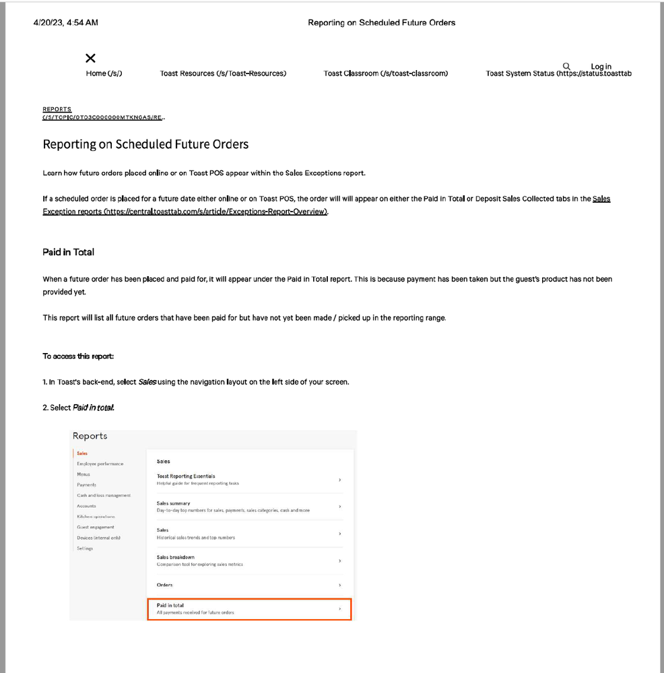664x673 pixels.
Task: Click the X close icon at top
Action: click(91, 59)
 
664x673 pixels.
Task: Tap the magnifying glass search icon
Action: click(566, 66)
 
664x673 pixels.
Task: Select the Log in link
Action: click(601, 67)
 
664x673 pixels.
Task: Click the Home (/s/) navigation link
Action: click(104, 73)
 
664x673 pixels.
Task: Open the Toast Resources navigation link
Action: click(223, 73)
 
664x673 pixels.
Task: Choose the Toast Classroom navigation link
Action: click(385, 73)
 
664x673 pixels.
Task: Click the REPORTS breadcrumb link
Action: click(57, 109)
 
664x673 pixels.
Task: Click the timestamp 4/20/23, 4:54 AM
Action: click(65, 23)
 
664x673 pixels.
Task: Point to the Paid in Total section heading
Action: click(68, 252)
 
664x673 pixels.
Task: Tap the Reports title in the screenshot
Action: click(90, 436)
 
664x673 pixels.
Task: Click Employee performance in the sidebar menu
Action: click(100, 463)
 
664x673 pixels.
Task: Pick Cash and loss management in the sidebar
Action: click(104, 495)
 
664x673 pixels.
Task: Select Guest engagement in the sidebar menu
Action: click(96, 527)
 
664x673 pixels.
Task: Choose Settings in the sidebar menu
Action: click(85, 548)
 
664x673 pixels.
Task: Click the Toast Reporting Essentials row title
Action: click(186, 476)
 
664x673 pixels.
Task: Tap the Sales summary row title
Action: click(173, 503)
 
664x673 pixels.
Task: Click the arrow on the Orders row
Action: click(339, 585)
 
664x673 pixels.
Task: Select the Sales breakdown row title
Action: click(175, 557)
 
